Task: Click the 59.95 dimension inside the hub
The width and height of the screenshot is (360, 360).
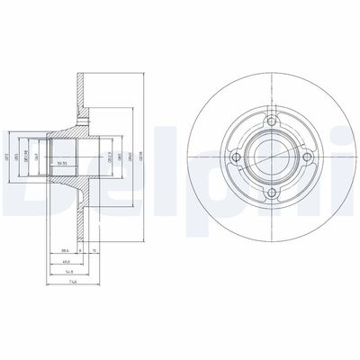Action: click(62, 163)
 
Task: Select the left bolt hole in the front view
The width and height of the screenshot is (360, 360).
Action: click(235, 158)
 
